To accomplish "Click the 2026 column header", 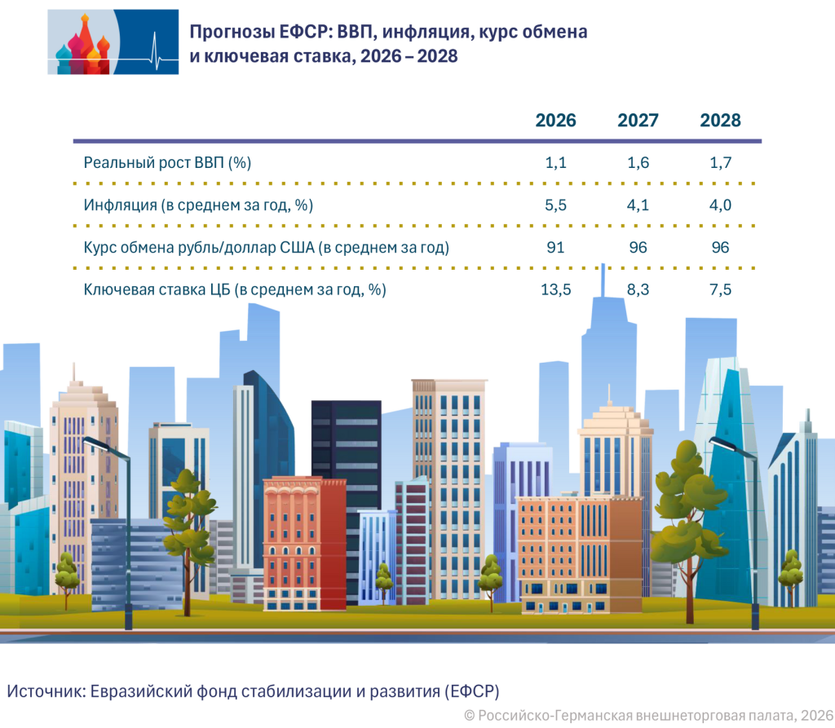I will pos(555,121).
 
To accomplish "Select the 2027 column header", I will pos(638,121).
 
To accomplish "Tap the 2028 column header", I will pos(720,121).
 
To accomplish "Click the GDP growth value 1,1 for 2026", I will pos(555,162).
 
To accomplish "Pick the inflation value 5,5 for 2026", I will pos(555,205).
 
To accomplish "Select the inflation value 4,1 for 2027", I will pos(638,205).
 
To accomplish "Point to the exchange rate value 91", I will pos(555,247).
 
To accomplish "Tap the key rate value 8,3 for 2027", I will pos(638,289).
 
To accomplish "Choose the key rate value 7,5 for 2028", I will pos(720,289).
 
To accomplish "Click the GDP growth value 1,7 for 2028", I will pos(720,162).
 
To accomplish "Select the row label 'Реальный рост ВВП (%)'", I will pos(167,162).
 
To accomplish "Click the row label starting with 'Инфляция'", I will pos(198,205).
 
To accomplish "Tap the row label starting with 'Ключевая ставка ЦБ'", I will pos(235,289).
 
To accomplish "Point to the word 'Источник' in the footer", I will pos(42,690).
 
